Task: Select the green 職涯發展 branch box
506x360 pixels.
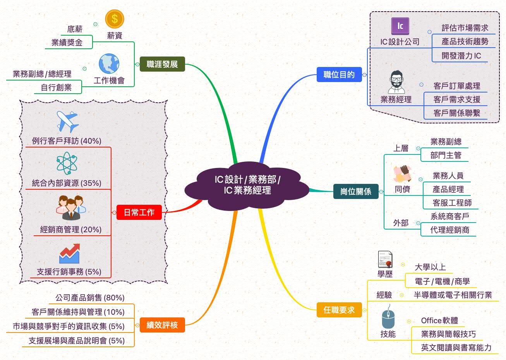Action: point(162,64)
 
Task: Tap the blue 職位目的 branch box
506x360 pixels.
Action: point(339,74)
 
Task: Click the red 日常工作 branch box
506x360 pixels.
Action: point(139,212)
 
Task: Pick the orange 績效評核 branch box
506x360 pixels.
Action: point(162,325)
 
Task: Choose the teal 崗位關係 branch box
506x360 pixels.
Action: point(356,191)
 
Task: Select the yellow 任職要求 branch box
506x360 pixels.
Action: point(339,310)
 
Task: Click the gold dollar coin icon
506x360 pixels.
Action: point(115,19)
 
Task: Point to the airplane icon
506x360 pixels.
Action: point(67,121)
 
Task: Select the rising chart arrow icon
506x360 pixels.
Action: point(69,254)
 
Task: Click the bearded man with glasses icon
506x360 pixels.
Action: point(396,82)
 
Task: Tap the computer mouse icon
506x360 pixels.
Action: point(388,319)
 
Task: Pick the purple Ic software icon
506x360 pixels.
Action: point(400,26)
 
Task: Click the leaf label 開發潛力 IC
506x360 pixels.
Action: point(461,55)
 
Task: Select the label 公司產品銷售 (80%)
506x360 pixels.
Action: point(90,298)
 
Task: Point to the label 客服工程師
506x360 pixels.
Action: point(452,203)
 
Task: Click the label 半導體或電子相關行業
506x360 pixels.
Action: point(453,295)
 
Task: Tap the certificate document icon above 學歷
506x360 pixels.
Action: point(385,259)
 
